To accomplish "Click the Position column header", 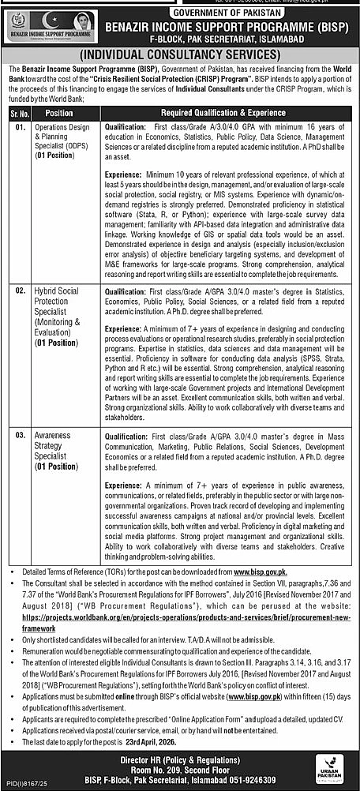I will [x=56, y=111].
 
